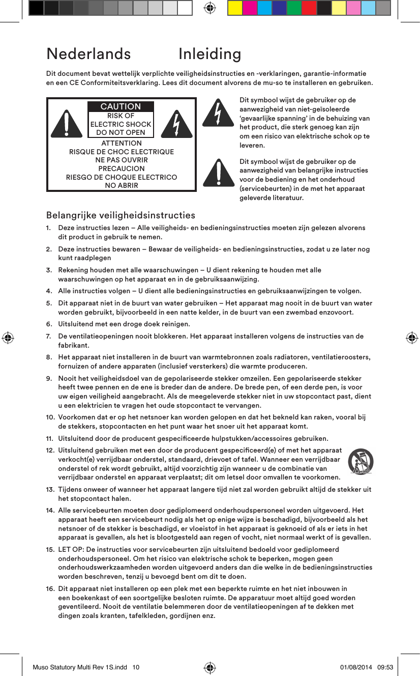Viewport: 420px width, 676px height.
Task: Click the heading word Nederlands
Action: (x=88, y=54)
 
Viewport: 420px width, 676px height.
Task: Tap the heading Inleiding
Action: (x=209, y=54)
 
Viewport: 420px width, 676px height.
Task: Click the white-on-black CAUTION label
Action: (x=121, y=106)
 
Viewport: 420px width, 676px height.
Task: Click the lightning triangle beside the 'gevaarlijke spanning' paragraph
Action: (x=218, y=112)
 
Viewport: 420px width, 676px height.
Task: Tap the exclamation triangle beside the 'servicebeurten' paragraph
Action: (x=218, y=173)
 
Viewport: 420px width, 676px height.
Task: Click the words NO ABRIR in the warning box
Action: (x=121, y=185)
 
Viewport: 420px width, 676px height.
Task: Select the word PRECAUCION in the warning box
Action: (x=121, y=168)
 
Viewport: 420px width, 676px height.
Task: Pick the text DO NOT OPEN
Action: (x=121, y=132)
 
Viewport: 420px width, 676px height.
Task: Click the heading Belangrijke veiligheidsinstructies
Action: (x=121, y=215)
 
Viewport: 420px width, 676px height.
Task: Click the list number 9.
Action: (x=49, y=379)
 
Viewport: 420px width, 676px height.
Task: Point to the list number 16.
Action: (x=50, y=588)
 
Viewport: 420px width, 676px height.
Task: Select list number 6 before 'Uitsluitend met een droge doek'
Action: (x=49, y=324)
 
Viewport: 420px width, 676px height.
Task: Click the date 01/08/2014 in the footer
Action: (x=355, y=667)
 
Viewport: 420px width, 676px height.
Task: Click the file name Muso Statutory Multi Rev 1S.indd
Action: (x=80, y=667)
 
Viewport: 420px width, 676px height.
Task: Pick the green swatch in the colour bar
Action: (x=294, y=8)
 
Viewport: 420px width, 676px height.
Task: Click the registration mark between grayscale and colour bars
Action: (x=209, y=8)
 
